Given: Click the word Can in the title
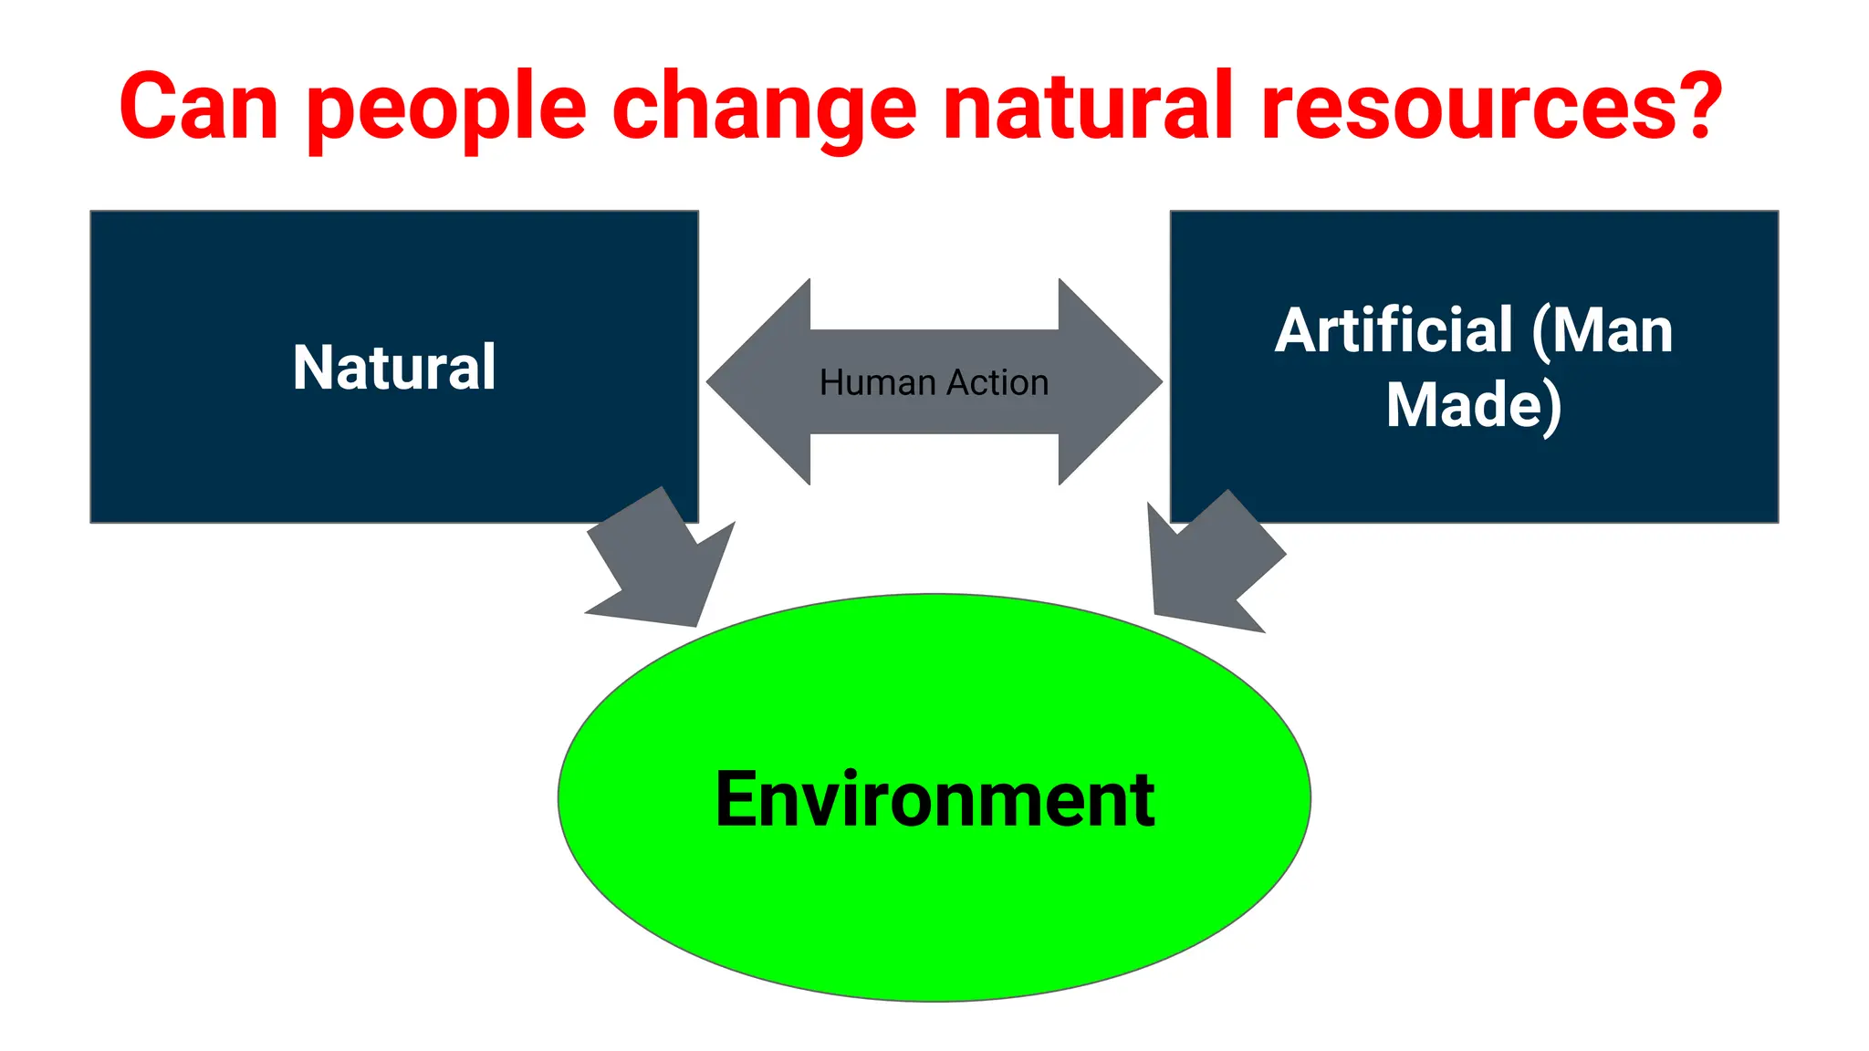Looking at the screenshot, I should pos(198,107).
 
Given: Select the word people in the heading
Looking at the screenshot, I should pos(446,111).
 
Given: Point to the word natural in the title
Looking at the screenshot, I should pos(1088,107).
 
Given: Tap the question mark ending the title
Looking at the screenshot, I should pos(1700,105).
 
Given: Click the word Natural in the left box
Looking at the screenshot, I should pos(394,368).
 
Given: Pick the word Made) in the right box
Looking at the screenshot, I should pos(1474,405).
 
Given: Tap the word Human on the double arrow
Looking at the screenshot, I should pos(877,382).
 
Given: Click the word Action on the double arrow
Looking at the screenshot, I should pos(997,382).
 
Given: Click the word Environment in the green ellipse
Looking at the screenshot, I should pos(934,800).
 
